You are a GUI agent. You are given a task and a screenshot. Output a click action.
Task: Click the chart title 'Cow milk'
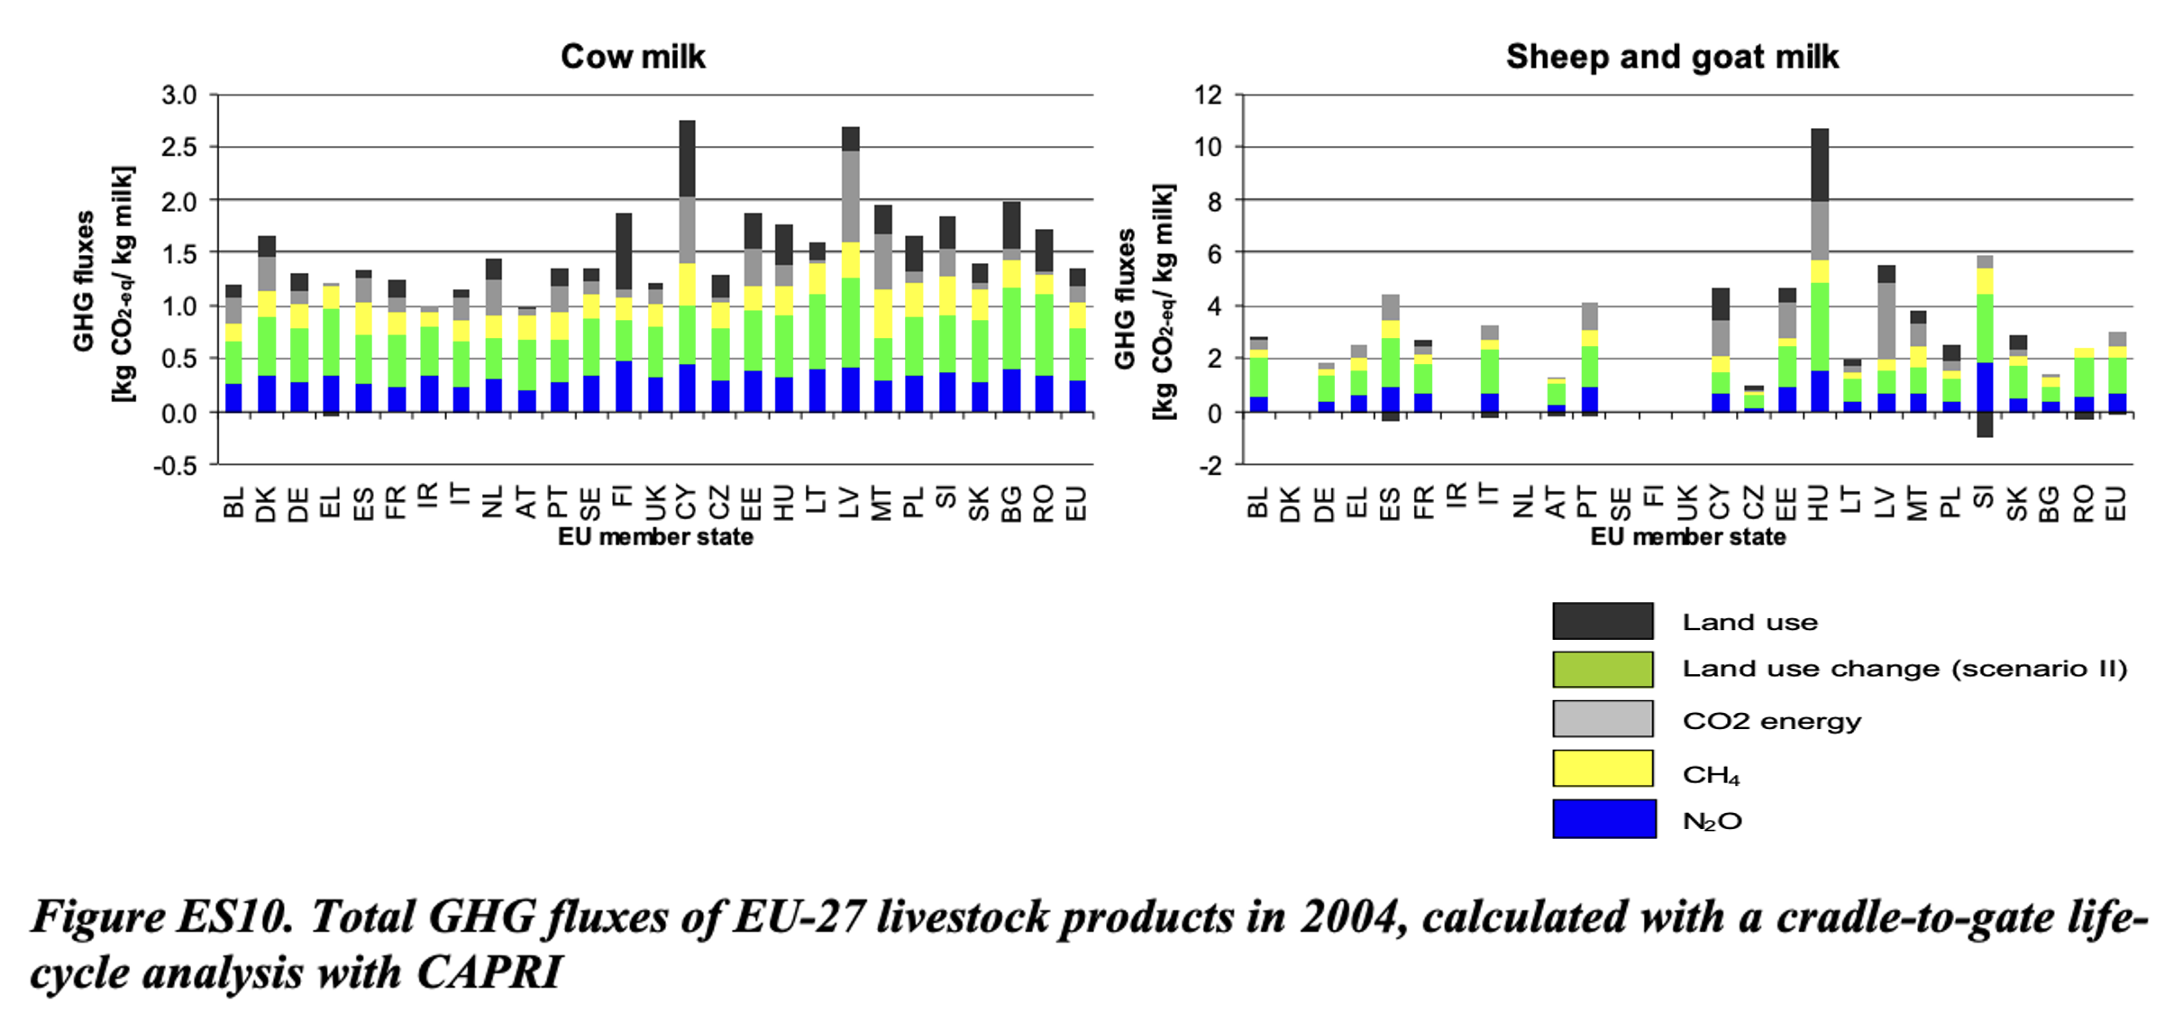coord(633,57)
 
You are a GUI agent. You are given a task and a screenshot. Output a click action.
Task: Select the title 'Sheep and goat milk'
coord(1672,57)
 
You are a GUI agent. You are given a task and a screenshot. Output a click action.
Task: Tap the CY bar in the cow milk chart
coord(687,270)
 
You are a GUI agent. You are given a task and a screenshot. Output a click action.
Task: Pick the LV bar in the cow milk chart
coord(850,270)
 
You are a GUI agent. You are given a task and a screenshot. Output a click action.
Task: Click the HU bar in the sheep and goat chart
coord(1820,270)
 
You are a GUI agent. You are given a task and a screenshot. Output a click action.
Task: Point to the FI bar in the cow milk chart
coord(623,315)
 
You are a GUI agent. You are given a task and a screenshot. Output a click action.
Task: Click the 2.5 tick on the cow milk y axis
coord(179,147)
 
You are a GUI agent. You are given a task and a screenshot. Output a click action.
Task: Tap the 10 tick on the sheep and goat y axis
coord(1208,147)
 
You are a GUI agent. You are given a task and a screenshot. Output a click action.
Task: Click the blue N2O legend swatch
coord(1603,818)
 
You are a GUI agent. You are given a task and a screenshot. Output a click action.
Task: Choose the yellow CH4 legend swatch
coord(1603,768)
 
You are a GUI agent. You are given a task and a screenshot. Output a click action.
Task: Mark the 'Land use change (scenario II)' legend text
coord(1904,669)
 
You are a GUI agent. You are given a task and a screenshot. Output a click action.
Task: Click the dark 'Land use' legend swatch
coord(1603,621)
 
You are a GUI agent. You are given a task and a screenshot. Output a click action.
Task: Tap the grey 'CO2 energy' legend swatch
coord(1603,718)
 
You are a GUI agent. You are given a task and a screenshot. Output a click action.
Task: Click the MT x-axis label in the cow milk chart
coord(881,503)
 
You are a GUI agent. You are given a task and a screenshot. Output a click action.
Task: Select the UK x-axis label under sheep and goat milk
coord(1687,503)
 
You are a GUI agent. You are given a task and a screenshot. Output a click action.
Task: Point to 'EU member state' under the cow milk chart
coord(655,537)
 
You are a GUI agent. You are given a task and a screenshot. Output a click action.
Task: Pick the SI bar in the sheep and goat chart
coord(1985,342)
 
